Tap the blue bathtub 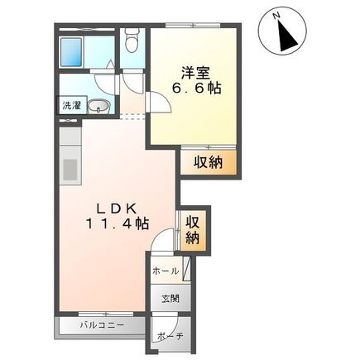tap(71, 52)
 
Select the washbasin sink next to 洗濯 tap(98, 106)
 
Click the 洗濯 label tap(71, 105)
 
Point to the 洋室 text tap(196, 73)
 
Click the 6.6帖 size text tap(196, 89)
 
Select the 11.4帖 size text tap(118, 223)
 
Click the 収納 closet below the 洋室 tap(209, 162)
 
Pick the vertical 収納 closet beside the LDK tap(193, 230)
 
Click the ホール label tap(166, 271)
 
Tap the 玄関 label tap(170, 298)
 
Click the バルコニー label tap(102, 324)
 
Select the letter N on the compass tap(276, 16)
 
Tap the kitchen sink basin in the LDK tap(70, 170)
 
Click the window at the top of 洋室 tap(194, 26)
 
